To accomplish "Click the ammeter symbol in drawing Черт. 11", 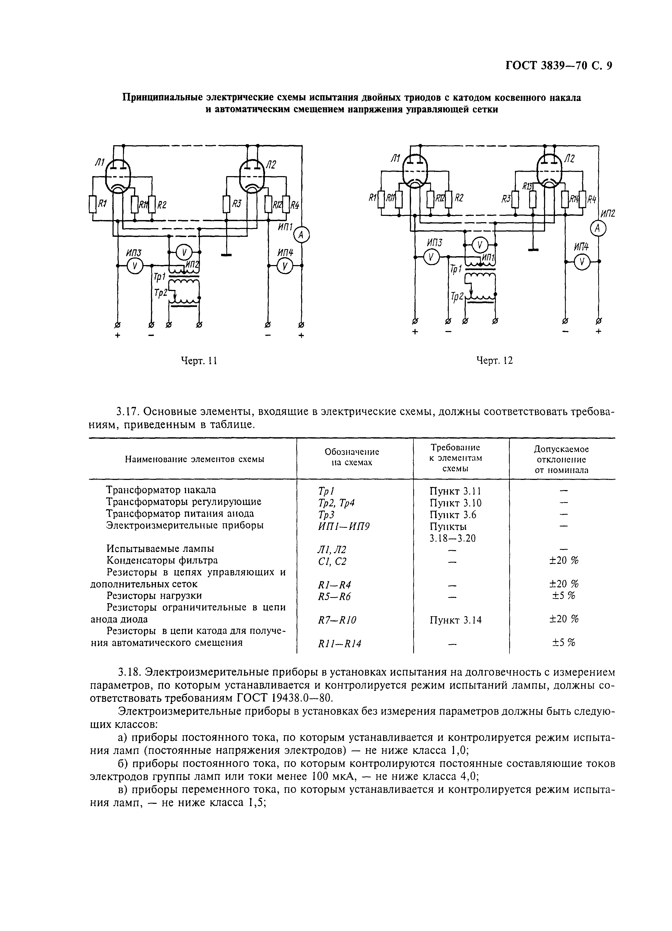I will [x=302, y=234].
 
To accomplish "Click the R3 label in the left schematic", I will [x=237, y=204].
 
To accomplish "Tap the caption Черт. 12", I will [x=494, y=360].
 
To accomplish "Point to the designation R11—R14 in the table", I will [x=339, y=644].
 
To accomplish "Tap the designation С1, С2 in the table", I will [x=332, y=561].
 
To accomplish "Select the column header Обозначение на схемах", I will [x=352, y=457].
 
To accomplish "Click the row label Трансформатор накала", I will [x=161, y=490].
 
